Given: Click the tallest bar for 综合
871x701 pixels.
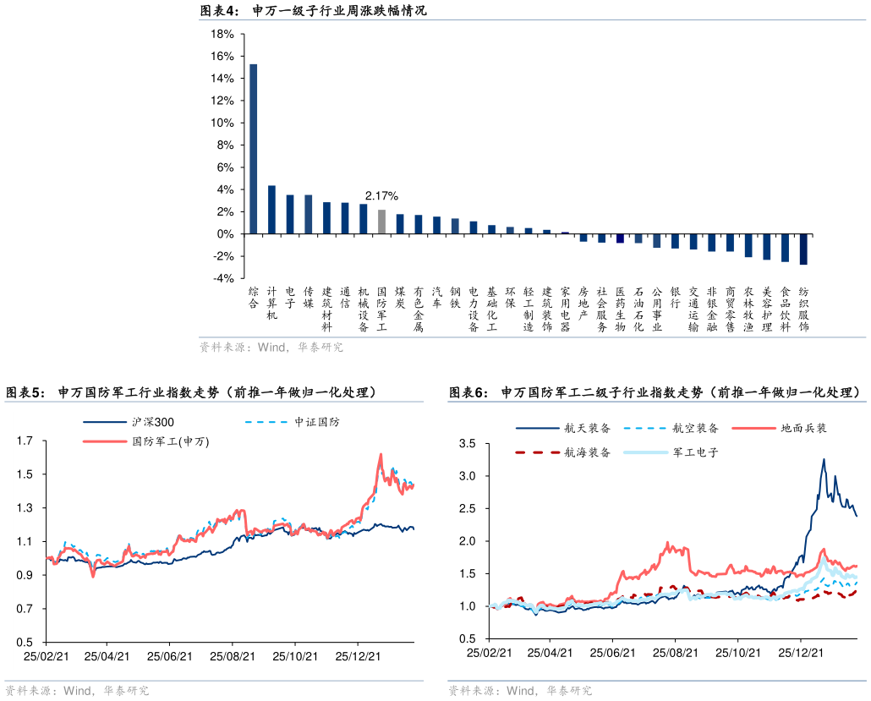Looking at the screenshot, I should pos(253,148).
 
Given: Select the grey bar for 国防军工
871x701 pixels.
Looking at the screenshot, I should pos(381,222).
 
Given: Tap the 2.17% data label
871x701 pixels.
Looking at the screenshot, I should pos(381,196).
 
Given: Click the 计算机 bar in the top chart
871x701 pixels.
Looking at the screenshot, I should pos(271,210).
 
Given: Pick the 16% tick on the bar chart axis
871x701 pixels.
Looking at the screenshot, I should pos(222,56).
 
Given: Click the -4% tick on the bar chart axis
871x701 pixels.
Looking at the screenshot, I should pos(223,278).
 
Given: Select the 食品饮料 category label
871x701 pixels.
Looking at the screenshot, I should pos(785,309).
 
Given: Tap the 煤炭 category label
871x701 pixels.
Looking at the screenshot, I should pos(400,297).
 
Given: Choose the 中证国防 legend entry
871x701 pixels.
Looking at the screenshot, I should pos(316,421).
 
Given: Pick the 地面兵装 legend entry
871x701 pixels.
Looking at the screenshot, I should pos(803,428).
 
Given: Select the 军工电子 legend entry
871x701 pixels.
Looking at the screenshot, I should pos(695,452).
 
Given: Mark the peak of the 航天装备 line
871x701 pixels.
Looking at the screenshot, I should pos(824,459).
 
